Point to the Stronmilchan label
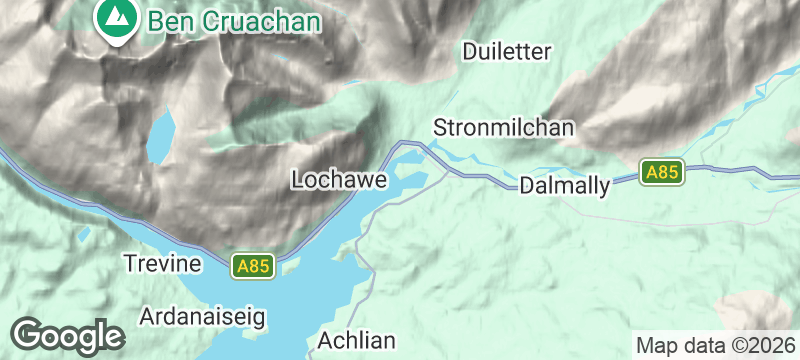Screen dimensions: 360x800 point(503,128)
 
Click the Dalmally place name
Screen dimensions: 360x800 point(564,185)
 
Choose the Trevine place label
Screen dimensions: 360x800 point(162,263)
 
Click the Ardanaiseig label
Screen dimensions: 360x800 point(203,317)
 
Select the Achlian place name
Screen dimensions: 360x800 point(357,340)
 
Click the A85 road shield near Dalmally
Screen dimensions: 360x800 point(662,172)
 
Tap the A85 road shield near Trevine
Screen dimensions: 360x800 point(253,266)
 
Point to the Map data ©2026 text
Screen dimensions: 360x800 point(715,346)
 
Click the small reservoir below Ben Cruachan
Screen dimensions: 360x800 point(160,135)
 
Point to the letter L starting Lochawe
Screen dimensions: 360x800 point(297,179)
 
